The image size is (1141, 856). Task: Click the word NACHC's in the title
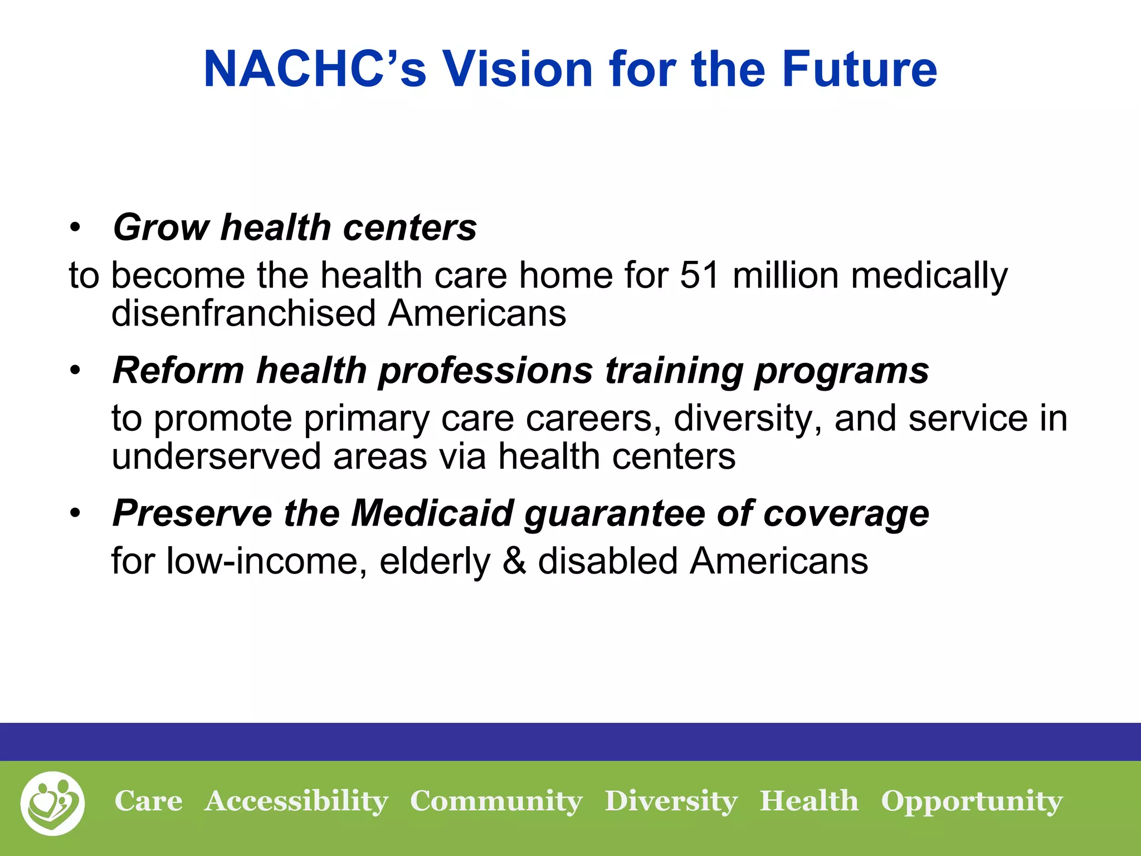[x=315, y=69]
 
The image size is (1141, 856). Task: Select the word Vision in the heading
[x=518, y=69]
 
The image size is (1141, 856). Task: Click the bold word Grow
[x=160, y=228]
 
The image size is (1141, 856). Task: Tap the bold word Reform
[x=178, y=371]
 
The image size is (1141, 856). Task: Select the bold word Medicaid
[x=432, y=513]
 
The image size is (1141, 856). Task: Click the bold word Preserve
[x=192, y=513]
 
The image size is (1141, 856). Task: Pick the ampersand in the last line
[x=514, y=561]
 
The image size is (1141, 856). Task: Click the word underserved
[x=216, y=456]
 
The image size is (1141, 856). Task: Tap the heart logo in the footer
[x=52, y=803]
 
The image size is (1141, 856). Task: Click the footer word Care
[x=148, y=801]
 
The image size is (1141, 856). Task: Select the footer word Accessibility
[x=296, y=801]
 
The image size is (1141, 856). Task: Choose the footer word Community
[x=496, y=801]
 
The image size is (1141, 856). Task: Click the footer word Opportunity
[x=972, y=801]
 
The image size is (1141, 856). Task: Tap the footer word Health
[x=809, y=801]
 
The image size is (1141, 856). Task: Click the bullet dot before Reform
[x=76, y=371]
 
